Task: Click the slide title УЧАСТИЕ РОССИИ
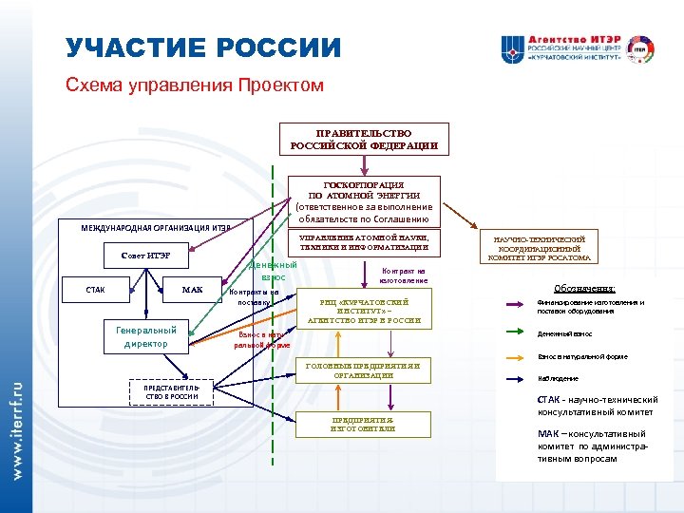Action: (x=203, y=48)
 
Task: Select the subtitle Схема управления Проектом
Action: (x=195, y=85)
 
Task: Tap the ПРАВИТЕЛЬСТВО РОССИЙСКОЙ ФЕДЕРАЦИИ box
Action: (x=364, y=140)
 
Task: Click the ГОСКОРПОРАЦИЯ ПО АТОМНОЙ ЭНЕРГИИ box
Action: (x=364, y=200)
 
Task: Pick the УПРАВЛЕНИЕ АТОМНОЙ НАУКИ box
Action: (x=364, y=242)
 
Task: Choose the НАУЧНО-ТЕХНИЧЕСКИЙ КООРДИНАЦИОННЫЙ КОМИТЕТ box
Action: (x=540, y=248)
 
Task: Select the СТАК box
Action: (x=95, y=290)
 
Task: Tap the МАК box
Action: (x=192, y=290)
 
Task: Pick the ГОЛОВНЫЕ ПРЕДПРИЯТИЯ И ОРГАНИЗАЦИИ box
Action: (x=364, y=370)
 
